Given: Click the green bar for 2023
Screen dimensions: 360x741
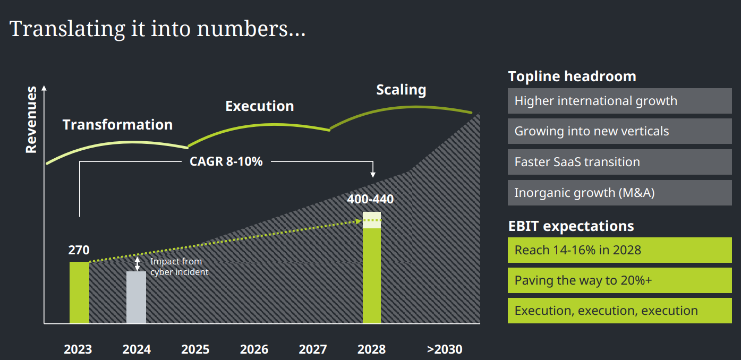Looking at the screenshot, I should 79,292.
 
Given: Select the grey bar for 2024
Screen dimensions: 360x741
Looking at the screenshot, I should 136,297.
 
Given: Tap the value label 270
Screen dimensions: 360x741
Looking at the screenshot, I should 79,250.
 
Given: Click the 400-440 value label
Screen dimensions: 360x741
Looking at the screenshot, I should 370,200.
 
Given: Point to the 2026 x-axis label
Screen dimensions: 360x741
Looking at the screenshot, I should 254,349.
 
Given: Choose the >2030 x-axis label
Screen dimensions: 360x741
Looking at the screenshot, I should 445,349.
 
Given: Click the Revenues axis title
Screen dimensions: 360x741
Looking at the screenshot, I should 31,119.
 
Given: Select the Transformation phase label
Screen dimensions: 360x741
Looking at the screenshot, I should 117,125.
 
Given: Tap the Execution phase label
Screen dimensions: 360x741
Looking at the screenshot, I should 259,106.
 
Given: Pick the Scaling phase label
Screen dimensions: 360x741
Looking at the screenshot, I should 401,90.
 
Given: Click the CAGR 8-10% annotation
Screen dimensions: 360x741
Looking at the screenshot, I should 226,161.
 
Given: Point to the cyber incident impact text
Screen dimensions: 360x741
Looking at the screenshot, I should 179,267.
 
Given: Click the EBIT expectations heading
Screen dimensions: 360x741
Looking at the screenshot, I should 571,226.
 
